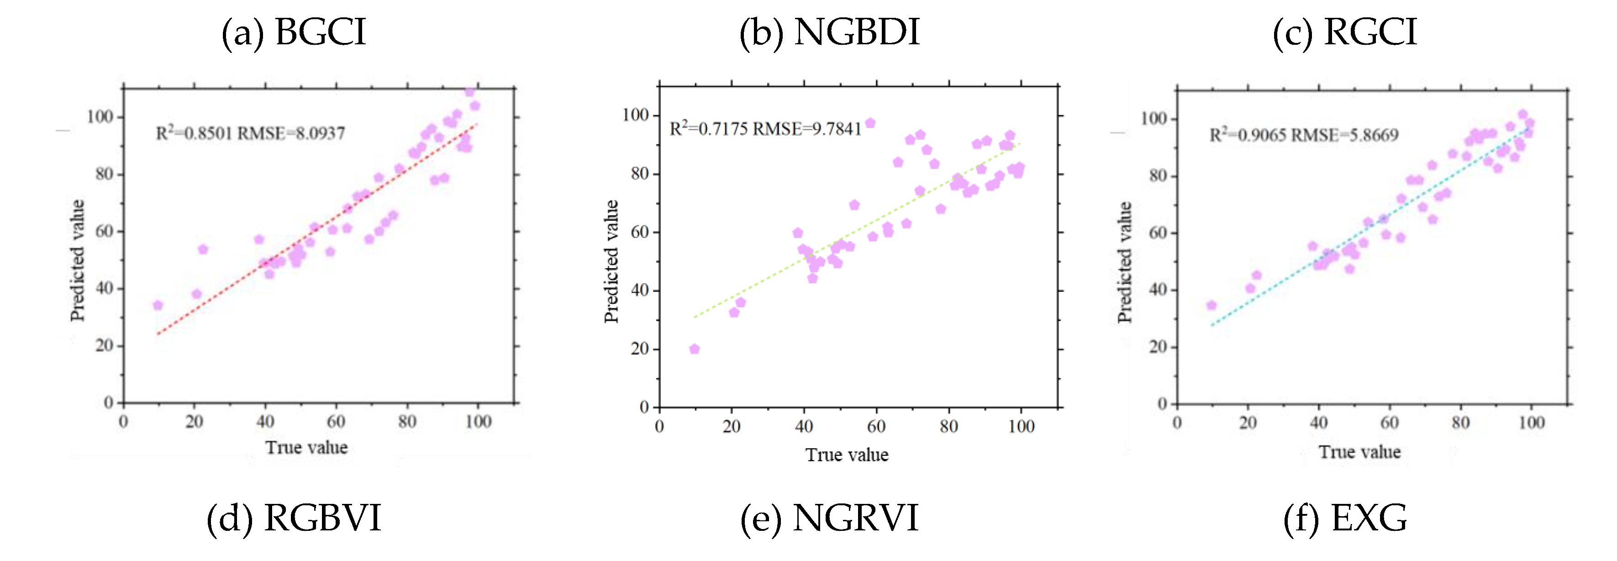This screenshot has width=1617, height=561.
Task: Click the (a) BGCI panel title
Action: pos(293,33)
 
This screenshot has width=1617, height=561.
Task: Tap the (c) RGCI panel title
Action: pos(1344,33)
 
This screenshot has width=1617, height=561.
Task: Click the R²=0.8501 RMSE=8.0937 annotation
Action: pos(250,133)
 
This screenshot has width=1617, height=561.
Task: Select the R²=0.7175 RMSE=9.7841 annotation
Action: pos(765,129)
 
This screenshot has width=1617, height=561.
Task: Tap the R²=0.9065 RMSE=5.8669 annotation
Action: pos(1304,135)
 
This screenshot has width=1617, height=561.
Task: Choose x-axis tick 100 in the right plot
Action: pos(1531,423)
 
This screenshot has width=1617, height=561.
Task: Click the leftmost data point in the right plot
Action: pos(1211,305)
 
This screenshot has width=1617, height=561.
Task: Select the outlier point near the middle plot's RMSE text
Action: pos(870,123)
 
